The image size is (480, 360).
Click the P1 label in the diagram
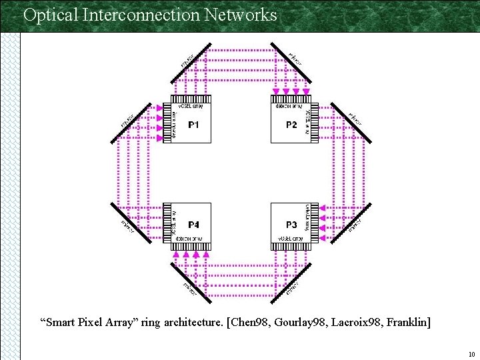[194, 125]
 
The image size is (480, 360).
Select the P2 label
[291, 125]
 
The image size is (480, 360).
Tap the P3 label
[291, 225]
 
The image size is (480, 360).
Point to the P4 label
[194, 225]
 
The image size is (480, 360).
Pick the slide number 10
[471, 354]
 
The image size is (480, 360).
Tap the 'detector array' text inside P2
[289, 106]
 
